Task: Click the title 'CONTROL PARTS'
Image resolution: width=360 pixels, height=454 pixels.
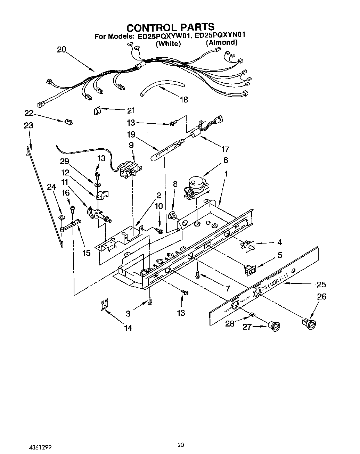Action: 170,27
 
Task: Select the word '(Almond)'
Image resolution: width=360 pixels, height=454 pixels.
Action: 221,42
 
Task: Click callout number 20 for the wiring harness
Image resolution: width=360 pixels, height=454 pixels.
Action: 61,49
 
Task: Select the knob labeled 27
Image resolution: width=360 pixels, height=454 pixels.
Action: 275,326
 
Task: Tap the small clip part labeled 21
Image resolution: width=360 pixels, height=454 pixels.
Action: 97,110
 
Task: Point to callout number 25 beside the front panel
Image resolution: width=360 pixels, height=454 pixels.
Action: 321,284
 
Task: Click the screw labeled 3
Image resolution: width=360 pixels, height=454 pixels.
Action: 150,301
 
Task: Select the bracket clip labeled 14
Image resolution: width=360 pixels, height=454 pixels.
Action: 104,304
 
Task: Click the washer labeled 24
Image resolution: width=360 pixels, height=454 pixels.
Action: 61,217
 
